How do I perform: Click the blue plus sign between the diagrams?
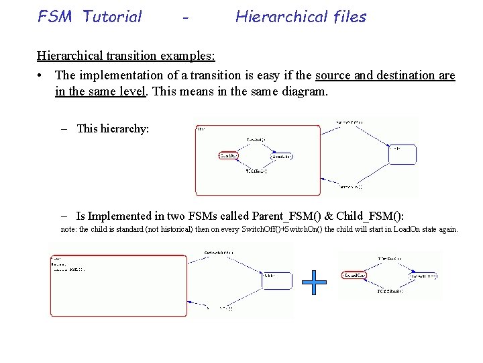(314, 282)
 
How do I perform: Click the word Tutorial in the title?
(112, 17)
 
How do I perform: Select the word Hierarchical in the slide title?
(281, 17)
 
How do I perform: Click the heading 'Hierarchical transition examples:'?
(126, 55)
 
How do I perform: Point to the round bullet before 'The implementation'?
(42, 75)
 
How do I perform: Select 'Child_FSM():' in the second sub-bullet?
(370, 216)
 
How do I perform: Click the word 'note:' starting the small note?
(68, 229)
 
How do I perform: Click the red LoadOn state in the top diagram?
(228, 156)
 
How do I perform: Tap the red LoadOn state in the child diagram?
(353, 276)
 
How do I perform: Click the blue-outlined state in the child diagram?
(423, 276)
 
